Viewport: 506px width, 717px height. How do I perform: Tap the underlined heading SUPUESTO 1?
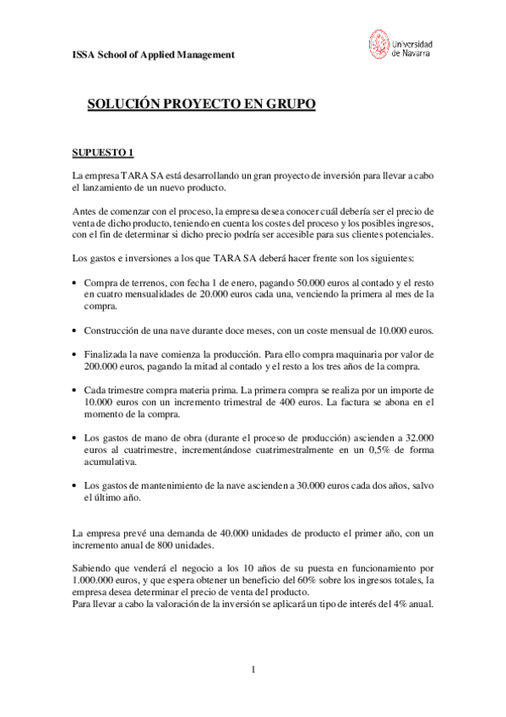[x=102, y=152]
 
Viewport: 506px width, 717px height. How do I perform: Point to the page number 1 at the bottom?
[x=253, y=670]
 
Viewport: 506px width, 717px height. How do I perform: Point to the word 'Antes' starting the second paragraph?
[x=85, y=211]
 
